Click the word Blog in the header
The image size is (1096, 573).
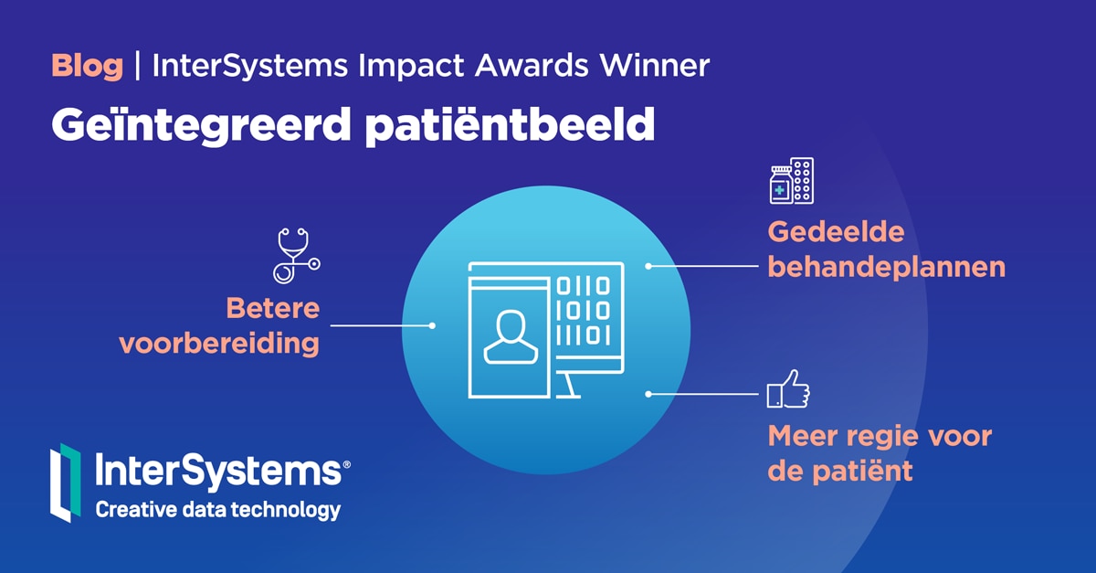(87, 66)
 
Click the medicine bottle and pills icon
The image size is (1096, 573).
(791, 181)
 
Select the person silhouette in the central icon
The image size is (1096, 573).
(506, 335)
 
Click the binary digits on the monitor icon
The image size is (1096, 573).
(583, 311)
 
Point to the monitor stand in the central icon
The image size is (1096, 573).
(567, 385)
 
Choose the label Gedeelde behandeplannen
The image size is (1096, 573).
(886, 249)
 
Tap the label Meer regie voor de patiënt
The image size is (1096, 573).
(879, 453)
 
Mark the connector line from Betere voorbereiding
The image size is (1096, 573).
(381, 325)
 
